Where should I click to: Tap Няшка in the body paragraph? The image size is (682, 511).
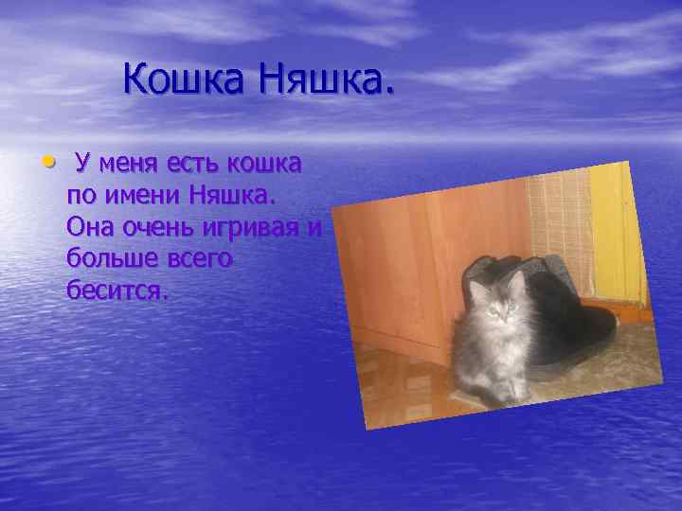click(231, 196)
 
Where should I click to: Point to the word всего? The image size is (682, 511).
click(199, 259)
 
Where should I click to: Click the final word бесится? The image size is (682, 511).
click(117, 291)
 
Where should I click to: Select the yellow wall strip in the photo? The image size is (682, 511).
click(616, 227)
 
